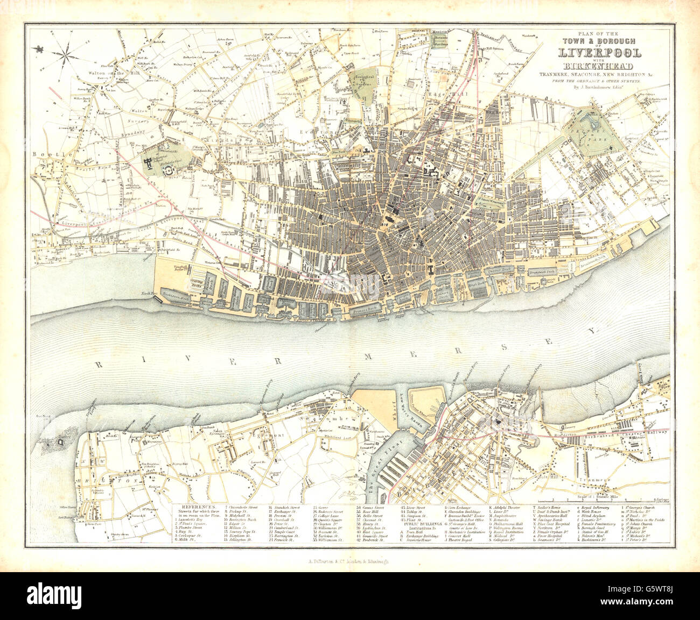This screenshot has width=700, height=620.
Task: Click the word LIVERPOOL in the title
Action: point(599,53)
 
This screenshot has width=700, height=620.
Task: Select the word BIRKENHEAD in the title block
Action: point(600,66)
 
